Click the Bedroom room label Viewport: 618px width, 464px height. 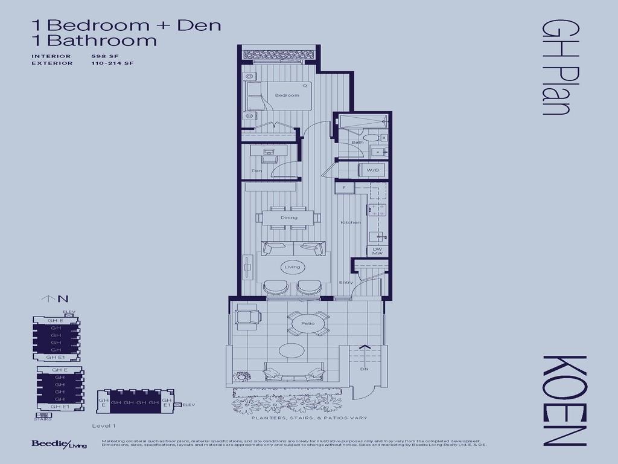click(x=287, y=95)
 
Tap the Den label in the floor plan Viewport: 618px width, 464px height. click(x=256, y=171)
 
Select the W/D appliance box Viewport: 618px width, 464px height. click(x=373, y=171)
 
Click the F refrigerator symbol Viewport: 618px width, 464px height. click(x=344, y=188)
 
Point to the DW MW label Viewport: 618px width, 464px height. click(x=377, y=251)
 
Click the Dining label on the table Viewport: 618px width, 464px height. click(x=288, y=217)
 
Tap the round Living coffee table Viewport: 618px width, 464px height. click(x=292, y=266)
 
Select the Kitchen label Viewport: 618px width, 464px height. click(x=350, y=222)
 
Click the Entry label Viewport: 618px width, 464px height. click(x=346, y=282)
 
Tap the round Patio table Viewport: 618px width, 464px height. click(x=307, y=324)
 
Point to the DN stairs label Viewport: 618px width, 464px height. click(x=364, y=368)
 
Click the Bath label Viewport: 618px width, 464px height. click(x=357, y=143)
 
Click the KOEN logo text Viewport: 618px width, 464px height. click(x=564, y=400)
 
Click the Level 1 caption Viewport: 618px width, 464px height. click(x=104, y=426)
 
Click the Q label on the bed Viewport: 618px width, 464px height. click(x=305, y=86)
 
